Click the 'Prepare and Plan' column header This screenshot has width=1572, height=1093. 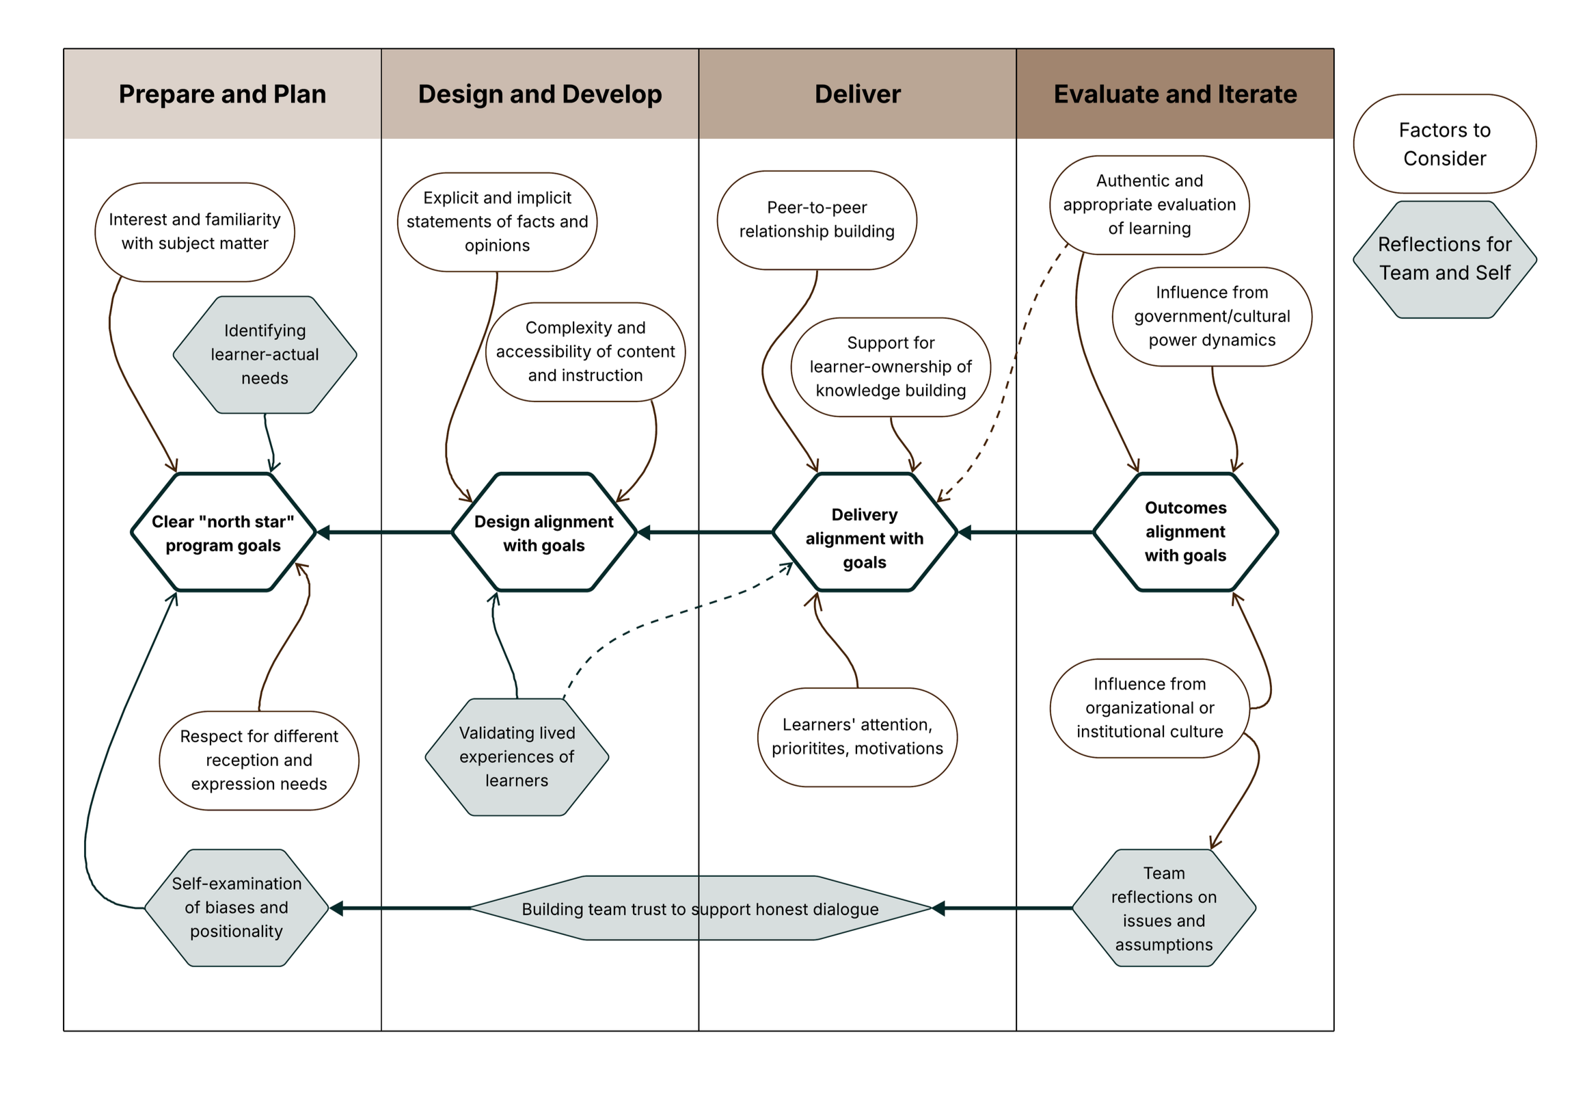tap(221, 94)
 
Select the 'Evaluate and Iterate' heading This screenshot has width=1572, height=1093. tap(1174, 94)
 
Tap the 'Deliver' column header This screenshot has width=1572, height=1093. tap(857, 94)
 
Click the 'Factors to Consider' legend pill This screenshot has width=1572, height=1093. tap(1444, 144)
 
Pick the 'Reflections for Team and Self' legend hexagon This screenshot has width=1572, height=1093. tap(1444, 259)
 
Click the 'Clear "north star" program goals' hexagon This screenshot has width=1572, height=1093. tap(222, 533)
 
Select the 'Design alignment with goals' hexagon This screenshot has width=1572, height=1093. tap(543, 533)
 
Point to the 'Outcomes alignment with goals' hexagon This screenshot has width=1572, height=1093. tap(1184, 531)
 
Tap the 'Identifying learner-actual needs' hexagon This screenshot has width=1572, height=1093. tap(265, 354)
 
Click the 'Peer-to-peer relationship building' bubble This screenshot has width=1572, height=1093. tap(817, 220)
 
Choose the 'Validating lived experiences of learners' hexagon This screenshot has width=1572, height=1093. tap(517, 756)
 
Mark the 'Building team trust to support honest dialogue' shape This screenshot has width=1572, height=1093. tap(699, 909)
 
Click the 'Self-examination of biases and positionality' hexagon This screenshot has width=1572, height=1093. tap(236, 908)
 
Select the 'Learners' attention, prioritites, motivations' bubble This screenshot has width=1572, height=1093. tap(857, 737)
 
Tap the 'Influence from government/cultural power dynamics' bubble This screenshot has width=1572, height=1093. tap(1211, 317)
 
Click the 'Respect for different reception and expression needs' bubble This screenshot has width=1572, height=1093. tap(258, 760)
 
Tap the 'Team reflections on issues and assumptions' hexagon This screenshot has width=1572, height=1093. tap(1163, 908)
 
